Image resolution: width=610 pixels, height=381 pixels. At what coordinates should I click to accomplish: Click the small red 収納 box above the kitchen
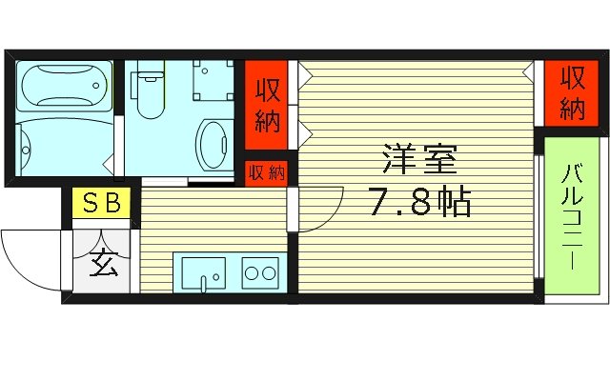(267, 172)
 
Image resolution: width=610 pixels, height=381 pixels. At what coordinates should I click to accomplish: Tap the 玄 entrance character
(104, 261)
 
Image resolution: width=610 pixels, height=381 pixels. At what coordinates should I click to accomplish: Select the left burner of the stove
(253, 274)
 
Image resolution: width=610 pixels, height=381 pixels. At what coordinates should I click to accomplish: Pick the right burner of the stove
(271, 274)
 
